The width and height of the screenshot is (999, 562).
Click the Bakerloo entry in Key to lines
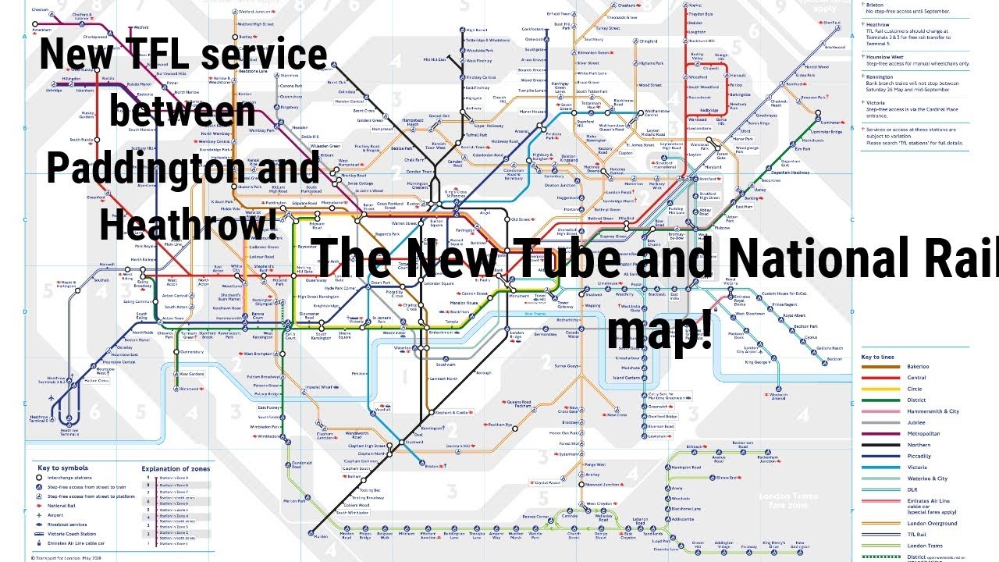point(918,367)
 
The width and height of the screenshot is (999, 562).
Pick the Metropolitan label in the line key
point(923,433)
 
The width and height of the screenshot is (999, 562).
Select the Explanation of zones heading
point(176,469)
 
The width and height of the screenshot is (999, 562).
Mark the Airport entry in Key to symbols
point(55,516)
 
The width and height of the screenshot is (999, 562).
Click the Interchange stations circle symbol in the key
point(39,478)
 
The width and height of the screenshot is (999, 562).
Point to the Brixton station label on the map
point(432,466)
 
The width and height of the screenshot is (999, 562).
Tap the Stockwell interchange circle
point(400,442)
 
